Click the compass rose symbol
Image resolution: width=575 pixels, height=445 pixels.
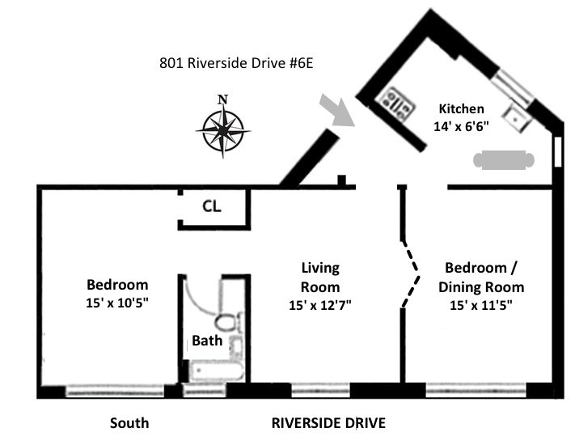point(223,130)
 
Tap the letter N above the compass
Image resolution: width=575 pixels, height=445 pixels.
point(222,100)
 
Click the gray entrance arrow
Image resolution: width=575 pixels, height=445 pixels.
point(337,110)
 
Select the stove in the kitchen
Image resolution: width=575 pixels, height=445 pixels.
point(397,103)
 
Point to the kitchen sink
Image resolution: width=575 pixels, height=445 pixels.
point(517,118)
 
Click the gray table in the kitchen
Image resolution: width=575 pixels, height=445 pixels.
point(504,160)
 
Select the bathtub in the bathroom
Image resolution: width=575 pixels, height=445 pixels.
point(217,371)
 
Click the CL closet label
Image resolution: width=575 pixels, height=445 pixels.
point(212,206)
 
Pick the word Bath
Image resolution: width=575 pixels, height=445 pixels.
point(207,341)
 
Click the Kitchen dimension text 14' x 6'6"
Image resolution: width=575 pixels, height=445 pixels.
point(461,126)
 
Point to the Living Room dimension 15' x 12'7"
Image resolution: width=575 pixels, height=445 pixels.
point(320,305)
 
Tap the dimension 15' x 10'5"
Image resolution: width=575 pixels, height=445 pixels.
point(117,303)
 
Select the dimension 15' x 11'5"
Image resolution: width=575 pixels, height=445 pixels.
point(481,305)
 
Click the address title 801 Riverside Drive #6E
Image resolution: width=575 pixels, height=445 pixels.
point(236,63)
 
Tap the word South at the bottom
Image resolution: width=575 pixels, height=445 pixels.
point(129,423)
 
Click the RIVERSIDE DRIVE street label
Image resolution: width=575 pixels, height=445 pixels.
point(328,423)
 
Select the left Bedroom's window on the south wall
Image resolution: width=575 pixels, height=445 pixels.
point(114,391)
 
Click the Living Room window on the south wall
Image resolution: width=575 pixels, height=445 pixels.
point(320,390)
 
